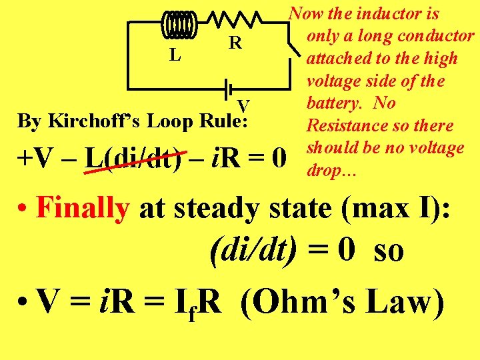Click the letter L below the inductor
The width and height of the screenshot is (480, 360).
tap(175, 55)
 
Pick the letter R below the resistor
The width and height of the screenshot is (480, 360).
tap(235, 44)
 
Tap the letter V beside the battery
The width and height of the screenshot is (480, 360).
tap(243, 105)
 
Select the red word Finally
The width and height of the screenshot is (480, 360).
tap(83, 209)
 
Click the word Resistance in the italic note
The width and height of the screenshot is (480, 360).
tap(339, 125)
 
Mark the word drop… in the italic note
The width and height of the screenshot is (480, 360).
tap(332, 171)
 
